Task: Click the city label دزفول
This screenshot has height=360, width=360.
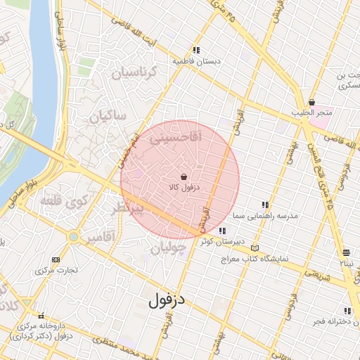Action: click(166, 301)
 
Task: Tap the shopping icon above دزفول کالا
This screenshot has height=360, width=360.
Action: click(184, 176)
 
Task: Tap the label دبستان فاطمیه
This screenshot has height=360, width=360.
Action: click(197, 61)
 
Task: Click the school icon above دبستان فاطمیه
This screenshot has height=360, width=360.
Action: click(197, 51)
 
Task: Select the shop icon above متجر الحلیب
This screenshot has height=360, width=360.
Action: click(311, 103)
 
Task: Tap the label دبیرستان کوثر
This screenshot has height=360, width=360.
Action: click(216, 241)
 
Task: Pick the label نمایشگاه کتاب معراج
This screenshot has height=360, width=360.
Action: click(270, 259)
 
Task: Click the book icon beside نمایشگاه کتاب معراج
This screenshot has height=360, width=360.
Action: click(255, 248)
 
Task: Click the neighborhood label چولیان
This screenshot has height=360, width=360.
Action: click(168, 247)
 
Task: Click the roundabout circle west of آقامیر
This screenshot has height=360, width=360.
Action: click(73, 237)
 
